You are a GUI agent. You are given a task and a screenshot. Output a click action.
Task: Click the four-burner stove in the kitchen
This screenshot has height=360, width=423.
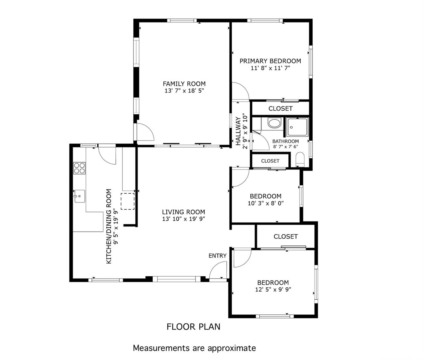79,168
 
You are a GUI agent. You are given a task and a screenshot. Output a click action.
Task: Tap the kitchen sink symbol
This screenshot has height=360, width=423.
80,196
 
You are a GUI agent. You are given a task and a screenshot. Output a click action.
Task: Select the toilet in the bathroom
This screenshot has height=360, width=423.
300,159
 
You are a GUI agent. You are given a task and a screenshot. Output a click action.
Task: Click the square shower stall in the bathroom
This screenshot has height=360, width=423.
297,127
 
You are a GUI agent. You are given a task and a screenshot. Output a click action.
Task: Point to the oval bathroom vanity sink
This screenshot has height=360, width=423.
274,123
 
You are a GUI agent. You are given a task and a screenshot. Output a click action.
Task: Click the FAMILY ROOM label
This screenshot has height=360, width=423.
184,84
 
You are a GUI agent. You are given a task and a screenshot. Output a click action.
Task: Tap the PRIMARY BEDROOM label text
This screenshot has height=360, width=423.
270,61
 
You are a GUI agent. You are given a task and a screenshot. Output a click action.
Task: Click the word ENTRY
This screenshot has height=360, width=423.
218,256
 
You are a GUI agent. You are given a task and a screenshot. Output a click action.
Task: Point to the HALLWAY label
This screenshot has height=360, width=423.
238,131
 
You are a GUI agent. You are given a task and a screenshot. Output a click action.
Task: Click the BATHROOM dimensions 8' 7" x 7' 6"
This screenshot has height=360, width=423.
285,147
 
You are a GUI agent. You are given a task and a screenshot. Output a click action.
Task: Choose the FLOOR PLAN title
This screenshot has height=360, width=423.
193,327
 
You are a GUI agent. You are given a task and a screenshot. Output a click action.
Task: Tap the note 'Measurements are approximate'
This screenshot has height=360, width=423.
195,348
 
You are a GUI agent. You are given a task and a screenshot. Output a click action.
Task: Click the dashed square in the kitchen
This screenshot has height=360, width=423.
127,201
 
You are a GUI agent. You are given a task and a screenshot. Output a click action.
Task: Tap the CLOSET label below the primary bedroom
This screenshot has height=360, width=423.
280,109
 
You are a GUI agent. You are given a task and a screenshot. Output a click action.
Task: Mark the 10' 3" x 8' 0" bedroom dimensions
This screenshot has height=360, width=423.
266,203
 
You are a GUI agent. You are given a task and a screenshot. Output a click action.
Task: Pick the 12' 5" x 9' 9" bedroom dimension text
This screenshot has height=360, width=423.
273,289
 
